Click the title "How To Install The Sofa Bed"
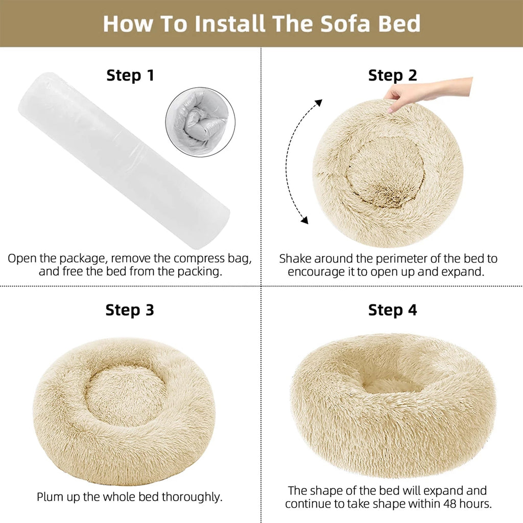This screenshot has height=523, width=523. (261, 23)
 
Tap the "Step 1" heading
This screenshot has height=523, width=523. (130, 76)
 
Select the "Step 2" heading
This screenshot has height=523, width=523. (392, 76)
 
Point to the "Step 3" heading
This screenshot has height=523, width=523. (130, 310)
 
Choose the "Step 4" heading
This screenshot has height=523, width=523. (392, 310)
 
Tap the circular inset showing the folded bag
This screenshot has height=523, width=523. (197, 121)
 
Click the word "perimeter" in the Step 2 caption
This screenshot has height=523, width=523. (385, 259)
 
